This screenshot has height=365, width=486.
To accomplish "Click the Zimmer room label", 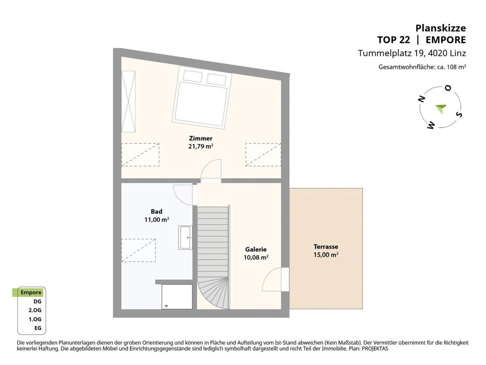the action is coord(200,138).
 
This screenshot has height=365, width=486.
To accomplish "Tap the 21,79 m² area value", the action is coord(200,146).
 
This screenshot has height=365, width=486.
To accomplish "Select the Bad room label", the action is coord(156,211).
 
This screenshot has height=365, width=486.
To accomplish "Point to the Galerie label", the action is coord(256,249).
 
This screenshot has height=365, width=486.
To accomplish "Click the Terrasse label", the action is coord(326,247).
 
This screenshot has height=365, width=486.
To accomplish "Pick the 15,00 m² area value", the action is coord(326,255).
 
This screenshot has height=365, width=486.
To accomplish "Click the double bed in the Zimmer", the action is coord(202,97).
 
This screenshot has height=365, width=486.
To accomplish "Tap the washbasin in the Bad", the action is coord(185,238).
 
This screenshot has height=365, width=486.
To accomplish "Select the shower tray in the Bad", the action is coord(177,297).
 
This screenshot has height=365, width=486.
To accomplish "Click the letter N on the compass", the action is coord(421,100).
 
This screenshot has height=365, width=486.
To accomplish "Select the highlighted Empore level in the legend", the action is coord(31,292).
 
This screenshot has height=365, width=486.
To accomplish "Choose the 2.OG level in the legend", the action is coord(35,310).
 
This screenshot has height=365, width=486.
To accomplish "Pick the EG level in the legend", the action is coord(38,328).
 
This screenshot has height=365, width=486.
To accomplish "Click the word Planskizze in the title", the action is coord(440,28).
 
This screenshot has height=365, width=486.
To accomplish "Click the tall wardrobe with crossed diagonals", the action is coord(128,102).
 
